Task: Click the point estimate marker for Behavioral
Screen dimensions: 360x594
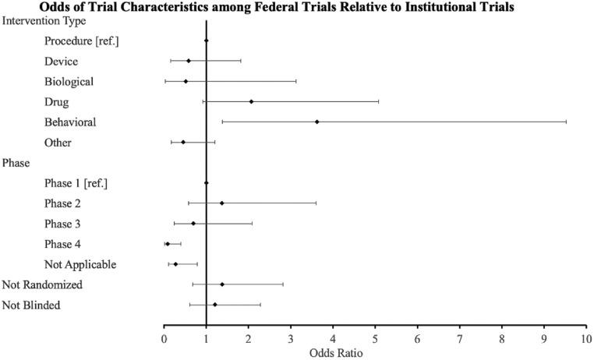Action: (316, 122)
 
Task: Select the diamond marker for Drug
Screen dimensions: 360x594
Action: (251, 101)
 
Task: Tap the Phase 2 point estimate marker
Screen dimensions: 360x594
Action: (222, 203)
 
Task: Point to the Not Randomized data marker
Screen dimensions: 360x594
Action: (222, 284)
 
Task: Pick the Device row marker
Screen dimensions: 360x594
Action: (189, 61)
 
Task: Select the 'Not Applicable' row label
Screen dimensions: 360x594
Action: (81, 264)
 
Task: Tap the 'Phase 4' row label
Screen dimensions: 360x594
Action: (63, 244)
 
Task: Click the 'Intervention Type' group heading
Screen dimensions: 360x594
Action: (44, 20)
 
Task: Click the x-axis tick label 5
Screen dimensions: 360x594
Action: (375, 338)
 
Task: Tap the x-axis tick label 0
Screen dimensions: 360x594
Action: (164, 338)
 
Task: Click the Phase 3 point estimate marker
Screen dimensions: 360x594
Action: (193, 224)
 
